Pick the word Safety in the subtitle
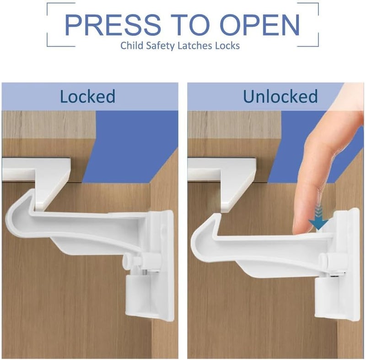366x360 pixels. [162, 46]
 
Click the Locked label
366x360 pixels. [87, 97]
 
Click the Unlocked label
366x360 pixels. [280, 97]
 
